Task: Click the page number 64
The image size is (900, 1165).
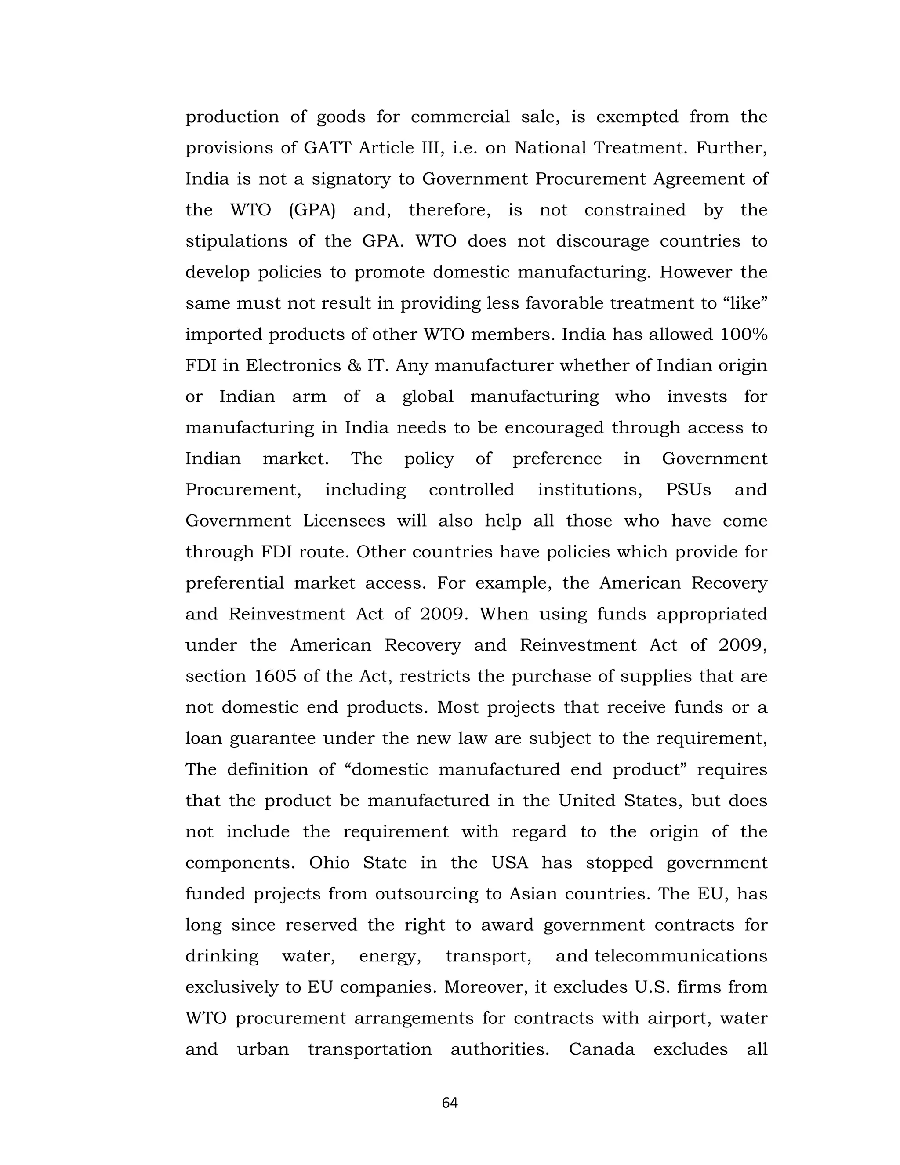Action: tap(450, 1103)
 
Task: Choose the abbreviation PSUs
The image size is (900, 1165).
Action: tap(688, 490)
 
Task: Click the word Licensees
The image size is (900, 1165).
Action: tap(344, 521)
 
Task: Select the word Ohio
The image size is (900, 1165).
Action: tap(330, 863)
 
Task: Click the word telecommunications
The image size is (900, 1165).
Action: tap(681, 956)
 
